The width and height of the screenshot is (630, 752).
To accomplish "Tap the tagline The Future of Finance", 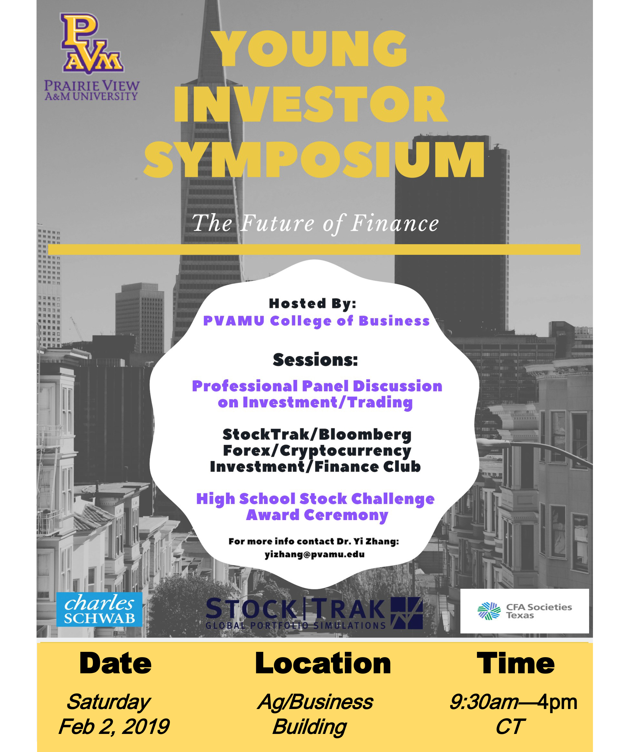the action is point(315,223).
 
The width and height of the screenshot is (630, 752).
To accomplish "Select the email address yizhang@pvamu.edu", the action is point(315,554).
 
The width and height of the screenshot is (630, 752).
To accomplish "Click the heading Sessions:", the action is point(315,360).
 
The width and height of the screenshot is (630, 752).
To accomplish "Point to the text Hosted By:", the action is point(313,303).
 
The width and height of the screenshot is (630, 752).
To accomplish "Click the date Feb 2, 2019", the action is point(114,727).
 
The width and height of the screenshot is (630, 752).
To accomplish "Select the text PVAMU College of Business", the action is point(316,321).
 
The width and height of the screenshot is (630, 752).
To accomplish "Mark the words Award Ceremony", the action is point(317,515).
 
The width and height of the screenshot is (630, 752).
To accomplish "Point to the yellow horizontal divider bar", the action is point(314,250).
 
